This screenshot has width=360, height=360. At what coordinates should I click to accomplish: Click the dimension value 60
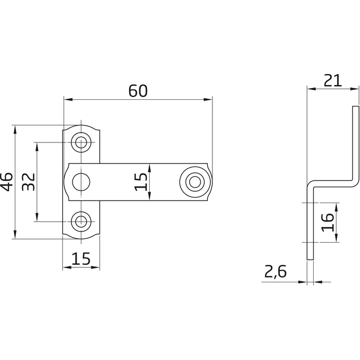tap(138, 91)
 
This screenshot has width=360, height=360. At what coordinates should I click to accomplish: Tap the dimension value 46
tap(7, 182)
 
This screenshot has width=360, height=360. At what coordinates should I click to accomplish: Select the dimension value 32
tap(28, 182)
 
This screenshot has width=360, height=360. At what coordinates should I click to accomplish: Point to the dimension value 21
tap(333, 80)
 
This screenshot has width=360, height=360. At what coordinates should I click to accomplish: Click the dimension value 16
tap(328, 222)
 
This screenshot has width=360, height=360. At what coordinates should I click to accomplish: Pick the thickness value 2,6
tap(275, 272)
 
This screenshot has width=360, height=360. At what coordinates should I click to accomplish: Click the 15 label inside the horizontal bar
tap(140, 182)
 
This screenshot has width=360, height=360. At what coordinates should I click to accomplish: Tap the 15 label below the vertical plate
tap(81, 259)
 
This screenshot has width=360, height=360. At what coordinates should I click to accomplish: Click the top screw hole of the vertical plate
tap(81, 142)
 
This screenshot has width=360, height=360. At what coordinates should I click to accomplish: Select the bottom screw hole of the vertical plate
tap(81, 222)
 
